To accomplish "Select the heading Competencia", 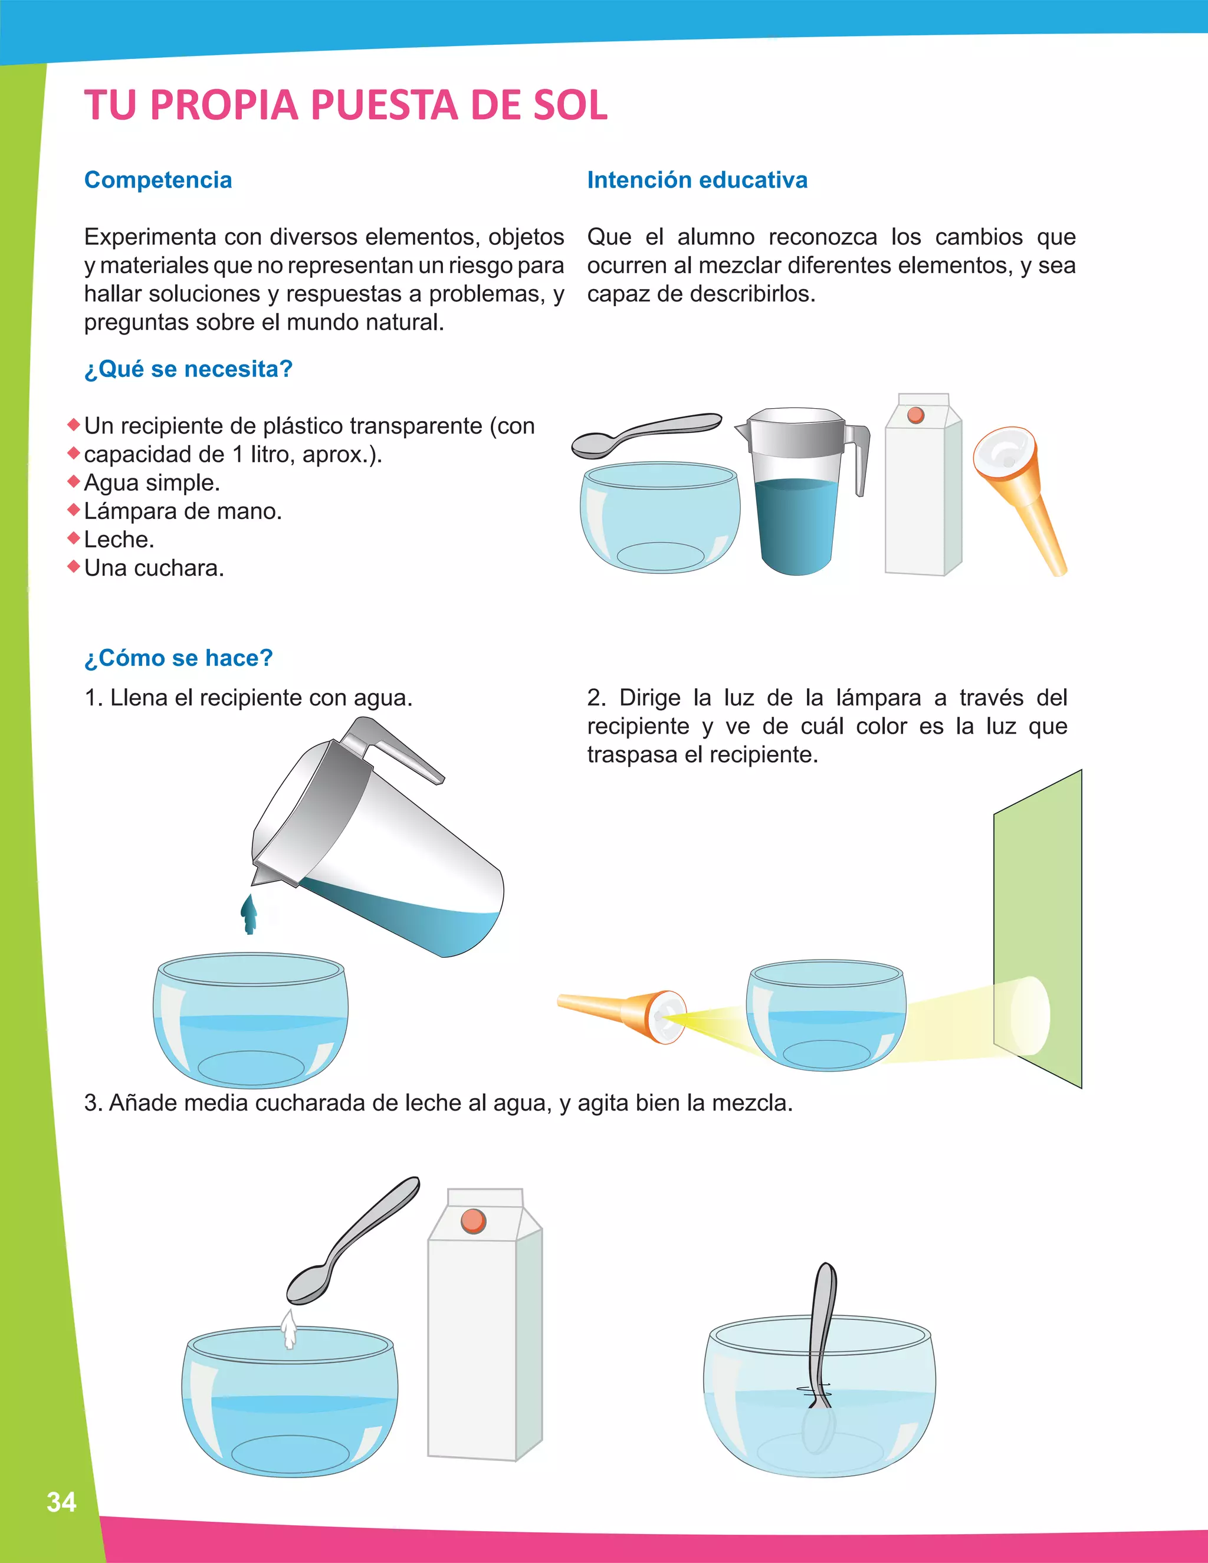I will [158, 180].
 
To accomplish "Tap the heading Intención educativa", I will [697, 180].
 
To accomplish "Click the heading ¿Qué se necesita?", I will [188, 369].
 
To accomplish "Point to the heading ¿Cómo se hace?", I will [178, 658].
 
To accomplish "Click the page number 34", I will [61, 1502].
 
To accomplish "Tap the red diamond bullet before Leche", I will [73, 537].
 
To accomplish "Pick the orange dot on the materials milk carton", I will [915, 415].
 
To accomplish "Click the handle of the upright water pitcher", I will [861, 458].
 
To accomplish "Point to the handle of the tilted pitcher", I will [401, 751].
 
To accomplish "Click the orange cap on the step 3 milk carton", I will [473, 1220].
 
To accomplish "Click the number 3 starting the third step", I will [91, 1103].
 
